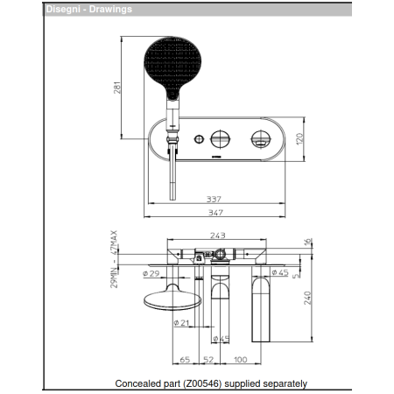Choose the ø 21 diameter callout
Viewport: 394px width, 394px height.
click(x=182, y=324)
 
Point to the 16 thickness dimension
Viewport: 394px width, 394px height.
click(x=307, y=242)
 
